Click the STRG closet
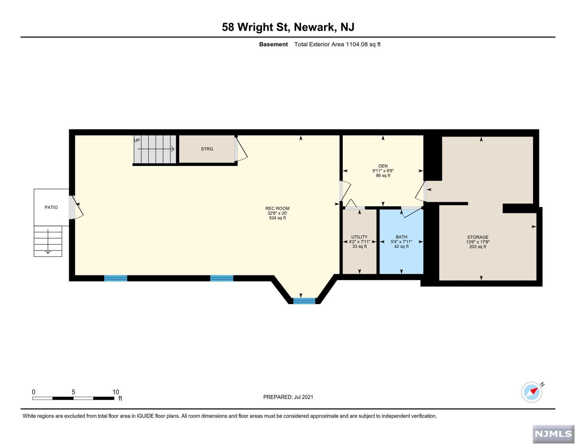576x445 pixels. click(207, 149)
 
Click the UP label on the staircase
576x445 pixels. click(137, 141)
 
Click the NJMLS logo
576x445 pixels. click(554, 435)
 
